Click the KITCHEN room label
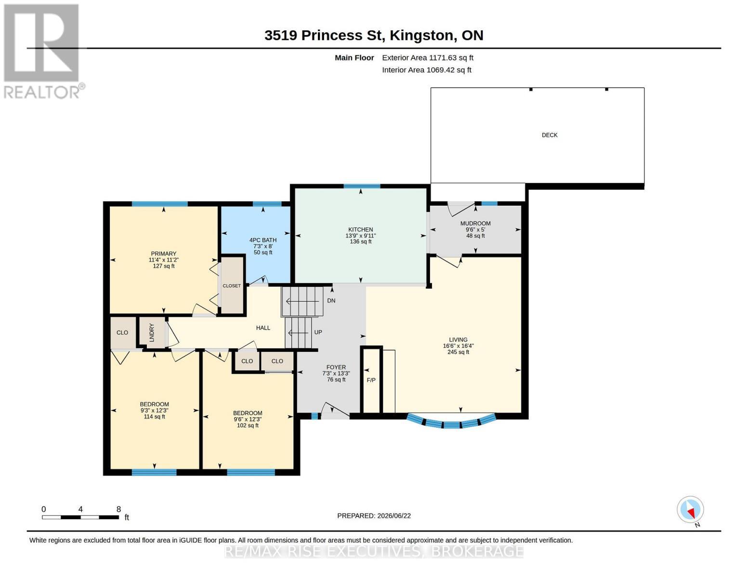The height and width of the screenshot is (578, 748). (360, 229)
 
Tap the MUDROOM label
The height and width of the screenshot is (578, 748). (475, 223)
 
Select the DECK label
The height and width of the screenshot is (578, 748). (550, 135)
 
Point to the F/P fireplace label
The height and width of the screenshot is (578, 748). (371, 380)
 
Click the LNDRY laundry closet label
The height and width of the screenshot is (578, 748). (152, 332)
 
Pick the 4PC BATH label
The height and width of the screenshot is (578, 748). (263, 240)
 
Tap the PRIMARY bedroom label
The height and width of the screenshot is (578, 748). (163, 254)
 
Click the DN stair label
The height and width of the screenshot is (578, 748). (331, 301)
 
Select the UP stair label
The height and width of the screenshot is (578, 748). (318, 332)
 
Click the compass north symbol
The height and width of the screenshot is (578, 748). (690, 510)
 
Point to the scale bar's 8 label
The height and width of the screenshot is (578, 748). (118, 509)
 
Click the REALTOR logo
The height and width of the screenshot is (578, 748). (44, 52)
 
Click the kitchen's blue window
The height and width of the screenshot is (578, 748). (362, 186)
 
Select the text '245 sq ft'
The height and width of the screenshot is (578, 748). (458, 352)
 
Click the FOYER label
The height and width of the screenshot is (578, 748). (336, 368)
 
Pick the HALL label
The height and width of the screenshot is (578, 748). (263, 328)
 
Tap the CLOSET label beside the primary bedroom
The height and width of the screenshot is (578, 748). (232, 286)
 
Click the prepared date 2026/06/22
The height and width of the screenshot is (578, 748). (394, 516)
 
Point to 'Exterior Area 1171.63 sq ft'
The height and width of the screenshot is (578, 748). (428, 58)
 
